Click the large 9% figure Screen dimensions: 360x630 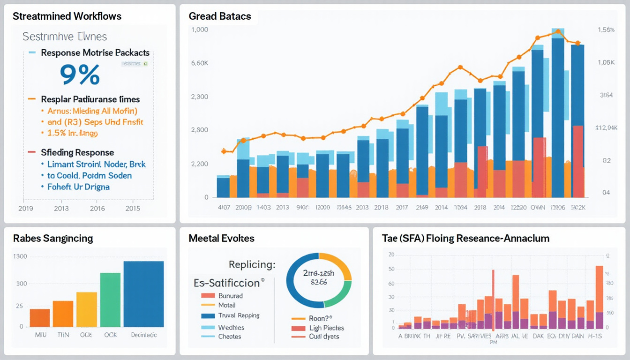coord(80,75)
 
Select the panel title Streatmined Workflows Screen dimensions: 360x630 coord(67,16)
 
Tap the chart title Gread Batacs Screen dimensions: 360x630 coord(220,16)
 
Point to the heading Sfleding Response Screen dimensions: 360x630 coord(77,152)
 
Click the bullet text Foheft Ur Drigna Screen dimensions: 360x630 coord(78,187)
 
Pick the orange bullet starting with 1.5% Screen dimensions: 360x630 coord(72,133)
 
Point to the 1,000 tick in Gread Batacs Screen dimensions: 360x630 coord(200,30)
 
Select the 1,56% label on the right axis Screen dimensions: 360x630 coord(606,30)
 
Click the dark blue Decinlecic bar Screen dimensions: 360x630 coord(143,294)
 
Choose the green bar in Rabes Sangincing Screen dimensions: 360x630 coord(110,300)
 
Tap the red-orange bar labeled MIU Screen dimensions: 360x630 coord(40,318)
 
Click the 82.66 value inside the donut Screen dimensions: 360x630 coord(318,283)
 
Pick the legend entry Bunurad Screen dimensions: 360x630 coord(231,296)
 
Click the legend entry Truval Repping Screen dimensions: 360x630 coord(239,315)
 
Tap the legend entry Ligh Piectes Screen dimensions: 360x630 coord(327,328)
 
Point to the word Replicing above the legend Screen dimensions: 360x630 coord(252,264)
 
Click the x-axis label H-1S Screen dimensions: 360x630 coord(595,336)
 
